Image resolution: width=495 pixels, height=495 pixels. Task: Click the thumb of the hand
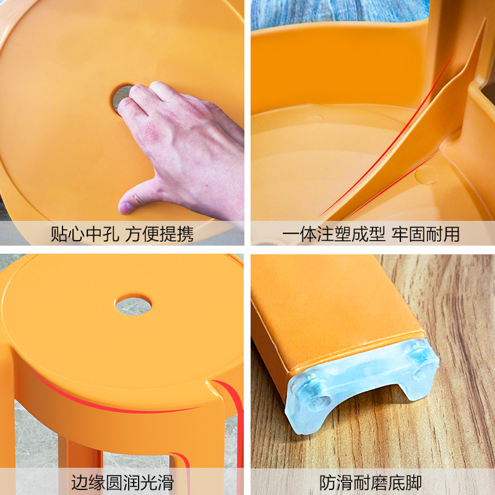[x=133, y=199]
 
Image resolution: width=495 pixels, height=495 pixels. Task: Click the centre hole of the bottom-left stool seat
[x=133, y=305]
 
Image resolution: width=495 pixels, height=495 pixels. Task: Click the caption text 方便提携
[x=160, y=235]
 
